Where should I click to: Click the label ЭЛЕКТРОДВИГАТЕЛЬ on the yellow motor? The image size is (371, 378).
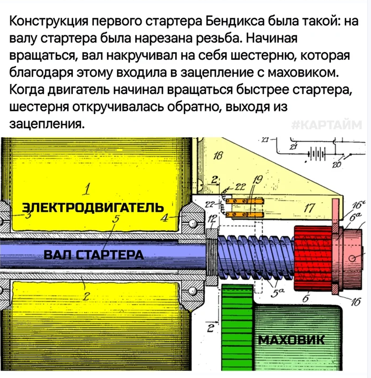click(x=93, y=207)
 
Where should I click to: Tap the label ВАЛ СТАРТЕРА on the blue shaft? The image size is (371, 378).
click(x=93, y=254)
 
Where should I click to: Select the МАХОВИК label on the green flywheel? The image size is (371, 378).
click(x=291, y=340)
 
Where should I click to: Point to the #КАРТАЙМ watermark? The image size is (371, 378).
click(x=327, y=125)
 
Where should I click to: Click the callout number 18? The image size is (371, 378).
click(x=218, y=156)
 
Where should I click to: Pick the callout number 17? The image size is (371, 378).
click(x=310, y=208)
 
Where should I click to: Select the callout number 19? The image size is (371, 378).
click(x=258, y=179)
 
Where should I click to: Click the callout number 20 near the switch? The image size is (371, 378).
click(x=337, y=165)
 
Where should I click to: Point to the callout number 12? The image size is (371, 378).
click(x=212, y=219)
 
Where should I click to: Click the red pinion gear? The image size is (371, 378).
click(x=313, y=258)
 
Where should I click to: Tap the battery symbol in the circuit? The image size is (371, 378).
click(x=316, y=154)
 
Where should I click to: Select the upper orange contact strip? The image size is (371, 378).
click(x=245, y=201)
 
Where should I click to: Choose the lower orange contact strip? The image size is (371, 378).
click(x=245, y=214)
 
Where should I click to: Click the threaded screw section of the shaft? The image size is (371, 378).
click(x=256, y=258)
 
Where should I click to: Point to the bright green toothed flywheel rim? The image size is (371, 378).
click(x=237, y=327)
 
